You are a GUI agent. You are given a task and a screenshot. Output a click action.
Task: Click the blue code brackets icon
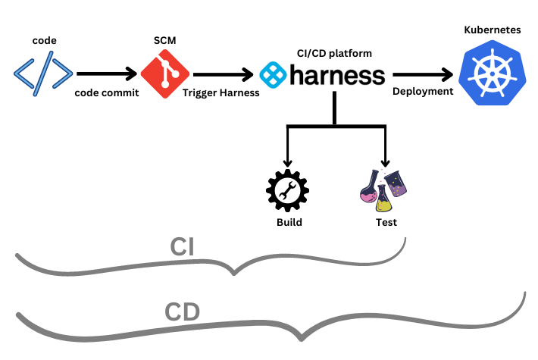pyautogui.click(x=42, y=74)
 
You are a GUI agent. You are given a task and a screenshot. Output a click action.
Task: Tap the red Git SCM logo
pyautogui.click(x=163, y=74)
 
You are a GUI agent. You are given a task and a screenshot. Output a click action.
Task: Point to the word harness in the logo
pyautogui.click(x=335, y=75)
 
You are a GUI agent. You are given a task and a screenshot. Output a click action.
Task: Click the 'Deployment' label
pyautogui.click(x=422, y=92)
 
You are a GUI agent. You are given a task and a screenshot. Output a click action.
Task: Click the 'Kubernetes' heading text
pyautogui.click(x=492, y=30)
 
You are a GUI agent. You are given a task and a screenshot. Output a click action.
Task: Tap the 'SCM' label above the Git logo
pyautogui.click(x=164, y=39)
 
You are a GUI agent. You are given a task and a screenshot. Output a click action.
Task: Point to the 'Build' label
pyautogui.click(x=289, y=223)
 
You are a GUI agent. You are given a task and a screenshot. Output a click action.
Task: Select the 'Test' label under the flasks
pyautogui.click(x=386, y=223)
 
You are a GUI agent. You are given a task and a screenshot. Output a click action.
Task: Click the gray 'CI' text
pyautogui.click(x=185, y=248)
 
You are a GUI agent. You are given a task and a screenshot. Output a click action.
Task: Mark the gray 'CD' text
pyautogui.click(x=183, y=311)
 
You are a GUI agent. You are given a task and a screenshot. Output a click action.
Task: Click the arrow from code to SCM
pyautogui.click(x=106, y=74)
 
